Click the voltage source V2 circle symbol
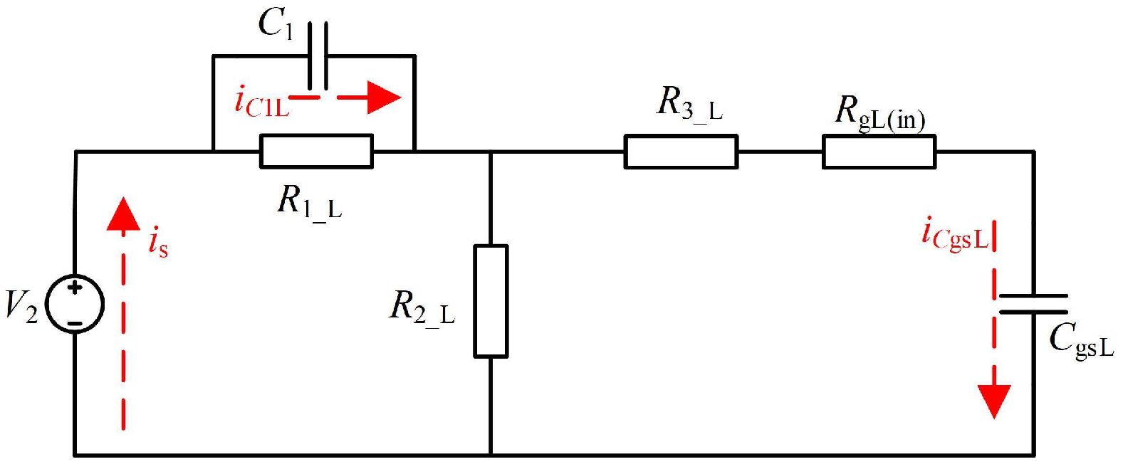tap(75, 305)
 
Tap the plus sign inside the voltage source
tap(75, 288)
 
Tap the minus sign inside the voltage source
tap(75, 323)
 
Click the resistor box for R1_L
tap(316, 152)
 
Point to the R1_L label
tap(309, 202)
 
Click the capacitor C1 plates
tap(318, 56)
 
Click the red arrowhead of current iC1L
tap(385, 98)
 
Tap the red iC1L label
tap(262, 102)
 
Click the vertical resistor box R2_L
tap(491, 300)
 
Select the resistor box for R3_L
tap(681, 152)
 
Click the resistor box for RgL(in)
tap(879, 152)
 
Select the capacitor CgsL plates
tap(1033, 304)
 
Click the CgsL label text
tap(1081, 341)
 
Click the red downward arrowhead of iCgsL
tap(994, 401)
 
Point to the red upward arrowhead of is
tap(123, 214)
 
